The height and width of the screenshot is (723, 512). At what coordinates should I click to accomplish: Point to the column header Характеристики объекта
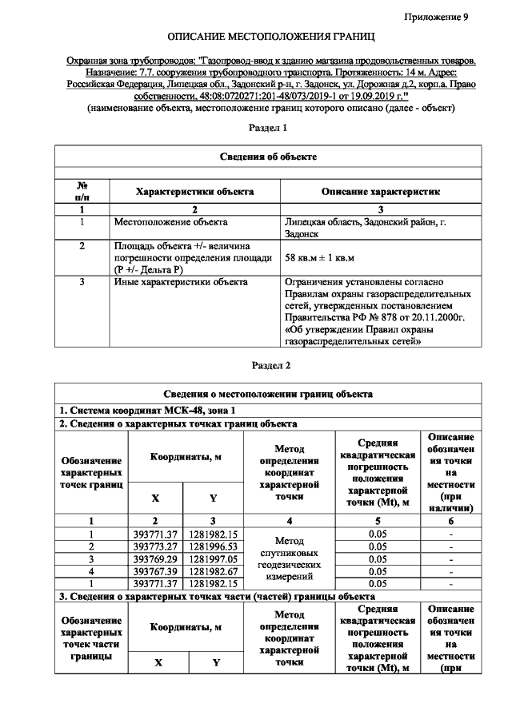tap(194, 192)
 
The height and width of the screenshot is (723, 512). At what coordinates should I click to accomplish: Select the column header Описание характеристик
tap(380, 192)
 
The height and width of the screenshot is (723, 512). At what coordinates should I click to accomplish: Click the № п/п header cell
tap(82, 192)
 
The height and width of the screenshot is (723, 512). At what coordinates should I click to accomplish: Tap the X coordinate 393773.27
tap(155, 546)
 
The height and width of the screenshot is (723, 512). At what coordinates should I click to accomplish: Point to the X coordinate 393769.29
tap(155, 558)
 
